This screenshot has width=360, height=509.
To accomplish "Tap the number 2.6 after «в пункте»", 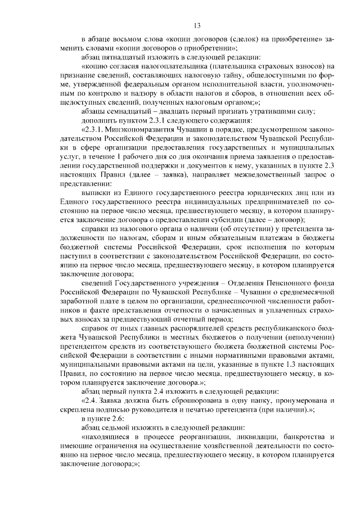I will click(120, 418).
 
